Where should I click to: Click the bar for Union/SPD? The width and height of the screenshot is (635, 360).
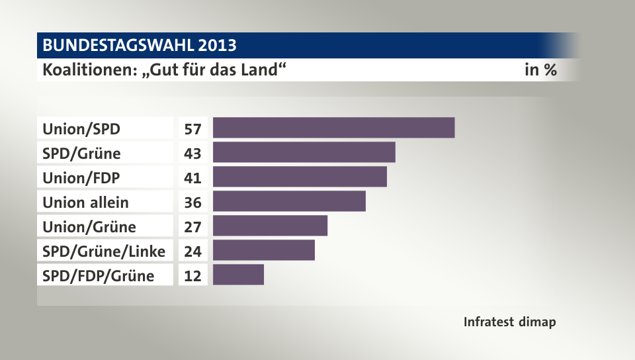pos(333,128)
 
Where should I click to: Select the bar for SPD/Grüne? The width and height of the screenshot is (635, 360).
pos(304,152)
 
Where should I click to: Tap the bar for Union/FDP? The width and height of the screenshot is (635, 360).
pos(300,177)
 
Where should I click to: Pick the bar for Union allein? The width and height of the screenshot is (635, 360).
pos(289,201)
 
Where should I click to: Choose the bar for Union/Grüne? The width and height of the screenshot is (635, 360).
pos(270,226)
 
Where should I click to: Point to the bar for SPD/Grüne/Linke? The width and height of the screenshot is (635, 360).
pos(264,250)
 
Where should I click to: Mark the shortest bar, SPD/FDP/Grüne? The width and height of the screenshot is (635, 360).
pos(238,275)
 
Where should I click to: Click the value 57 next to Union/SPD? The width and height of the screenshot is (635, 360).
pos(192,128)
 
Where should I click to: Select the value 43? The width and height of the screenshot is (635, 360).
pos(192,152)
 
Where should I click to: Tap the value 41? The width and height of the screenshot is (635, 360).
pos(192,177)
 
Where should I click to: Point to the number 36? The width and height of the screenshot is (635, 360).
pos(192,201)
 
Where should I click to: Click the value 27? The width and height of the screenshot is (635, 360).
pos(192,226)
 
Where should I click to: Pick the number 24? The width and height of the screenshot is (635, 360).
pos(192,250)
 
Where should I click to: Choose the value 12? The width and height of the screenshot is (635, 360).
pos(192,275)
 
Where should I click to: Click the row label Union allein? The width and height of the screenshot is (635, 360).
pos(85,202)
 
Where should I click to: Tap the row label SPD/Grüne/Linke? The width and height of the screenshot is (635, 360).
pos(103,251)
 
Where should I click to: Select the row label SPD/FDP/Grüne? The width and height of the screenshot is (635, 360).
pos(98,275)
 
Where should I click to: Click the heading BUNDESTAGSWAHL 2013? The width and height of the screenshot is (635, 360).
pos(139,46)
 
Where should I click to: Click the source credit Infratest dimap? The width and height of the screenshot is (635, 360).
pos(509,322)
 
